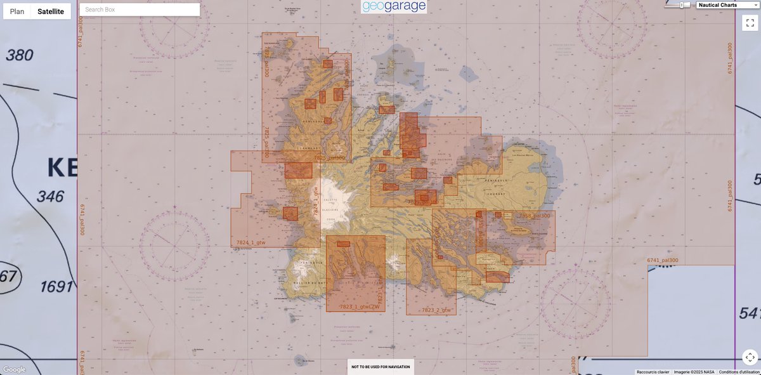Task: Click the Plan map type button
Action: tap(17, 11)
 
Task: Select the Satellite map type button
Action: tap(51, 11)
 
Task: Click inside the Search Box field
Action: tap(140, 10)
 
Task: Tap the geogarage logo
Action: tap(394, 7)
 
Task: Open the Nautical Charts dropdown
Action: tap(727, 5)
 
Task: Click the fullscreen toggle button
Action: tap(750, 23)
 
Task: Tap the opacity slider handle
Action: tap(682, 5)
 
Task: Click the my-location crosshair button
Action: tap(750, 357)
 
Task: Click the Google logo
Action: tap(15, 369)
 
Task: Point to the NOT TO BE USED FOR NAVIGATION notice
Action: tap(380, 367)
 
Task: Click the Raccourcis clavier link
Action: tap(653, 372)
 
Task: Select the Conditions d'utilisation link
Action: tap(739, 372)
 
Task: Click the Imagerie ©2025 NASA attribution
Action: tap(694, 372)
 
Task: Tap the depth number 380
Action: tap(19, 55)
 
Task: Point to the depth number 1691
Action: tap(57, 287)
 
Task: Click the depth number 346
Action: tap(50, 196)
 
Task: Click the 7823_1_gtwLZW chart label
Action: tap(360, 307)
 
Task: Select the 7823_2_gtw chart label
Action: tap(436, 310)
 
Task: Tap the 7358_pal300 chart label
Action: tap(534, 216)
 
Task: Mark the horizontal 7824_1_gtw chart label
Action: tap(250, 243)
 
